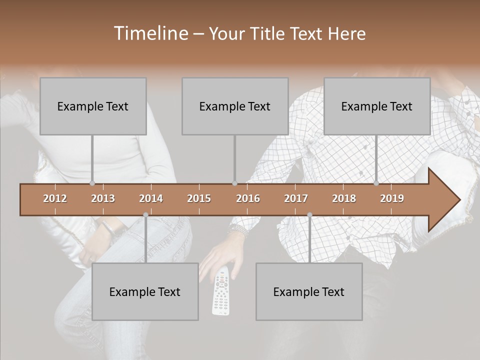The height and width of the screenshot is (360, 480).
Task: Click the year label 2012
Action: [55, 198]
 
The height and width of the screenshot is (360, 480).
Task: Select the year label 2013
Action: [103, 198]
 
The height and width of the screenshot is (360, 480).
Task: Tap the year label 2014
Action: [151, 198]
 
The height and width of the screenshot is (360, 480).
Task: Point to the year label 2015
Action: [199, 198]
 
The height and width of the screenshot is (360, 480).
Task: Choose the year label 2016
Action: [248, 198]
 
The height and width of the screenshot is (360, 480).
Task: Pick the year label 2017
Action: [296, 198]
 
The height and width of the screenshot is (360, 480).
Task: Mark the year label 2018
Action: [344, 198]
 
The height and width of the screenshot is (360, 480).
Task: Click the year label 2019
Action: [392, 198]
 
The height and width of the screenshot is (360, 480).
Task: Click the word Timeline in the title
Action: [150, 33]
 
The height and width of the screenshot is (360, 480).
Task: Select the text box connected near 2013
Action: [93, 106]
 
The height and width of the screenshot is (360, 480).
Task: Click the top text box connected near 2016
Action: [235, 106]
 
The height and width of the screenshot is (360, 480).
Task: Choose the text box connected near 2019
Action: [377, 106]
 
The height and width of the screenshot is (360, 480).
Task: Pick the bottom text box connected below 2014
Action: [145, 291]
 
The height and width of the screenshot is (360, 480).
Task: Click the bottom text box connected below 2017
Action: [309, 291]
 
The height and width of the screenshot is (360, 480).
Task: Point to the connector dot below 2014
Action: [145, 214]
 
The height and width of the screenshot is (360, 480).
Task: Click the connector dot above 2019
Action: [376, 183]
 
